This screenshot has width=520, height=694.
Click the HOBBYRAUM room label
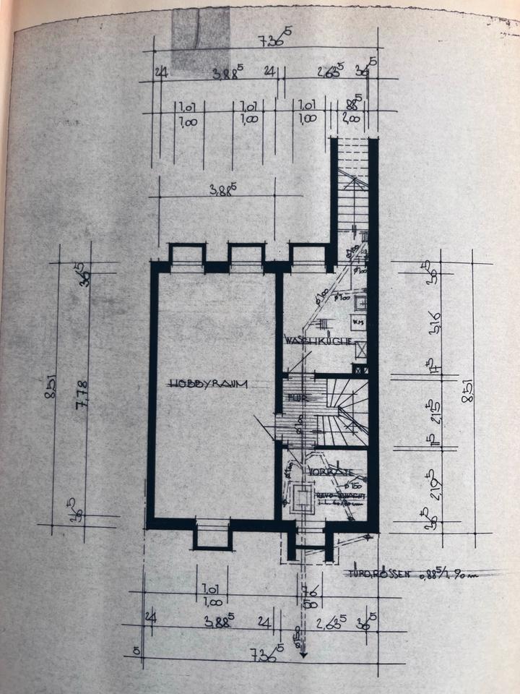point(209,384)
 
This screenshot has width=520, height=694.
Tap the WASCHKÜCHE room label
point(318,340)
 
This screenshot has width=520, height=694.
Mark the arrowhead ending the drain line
point(303,654)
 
